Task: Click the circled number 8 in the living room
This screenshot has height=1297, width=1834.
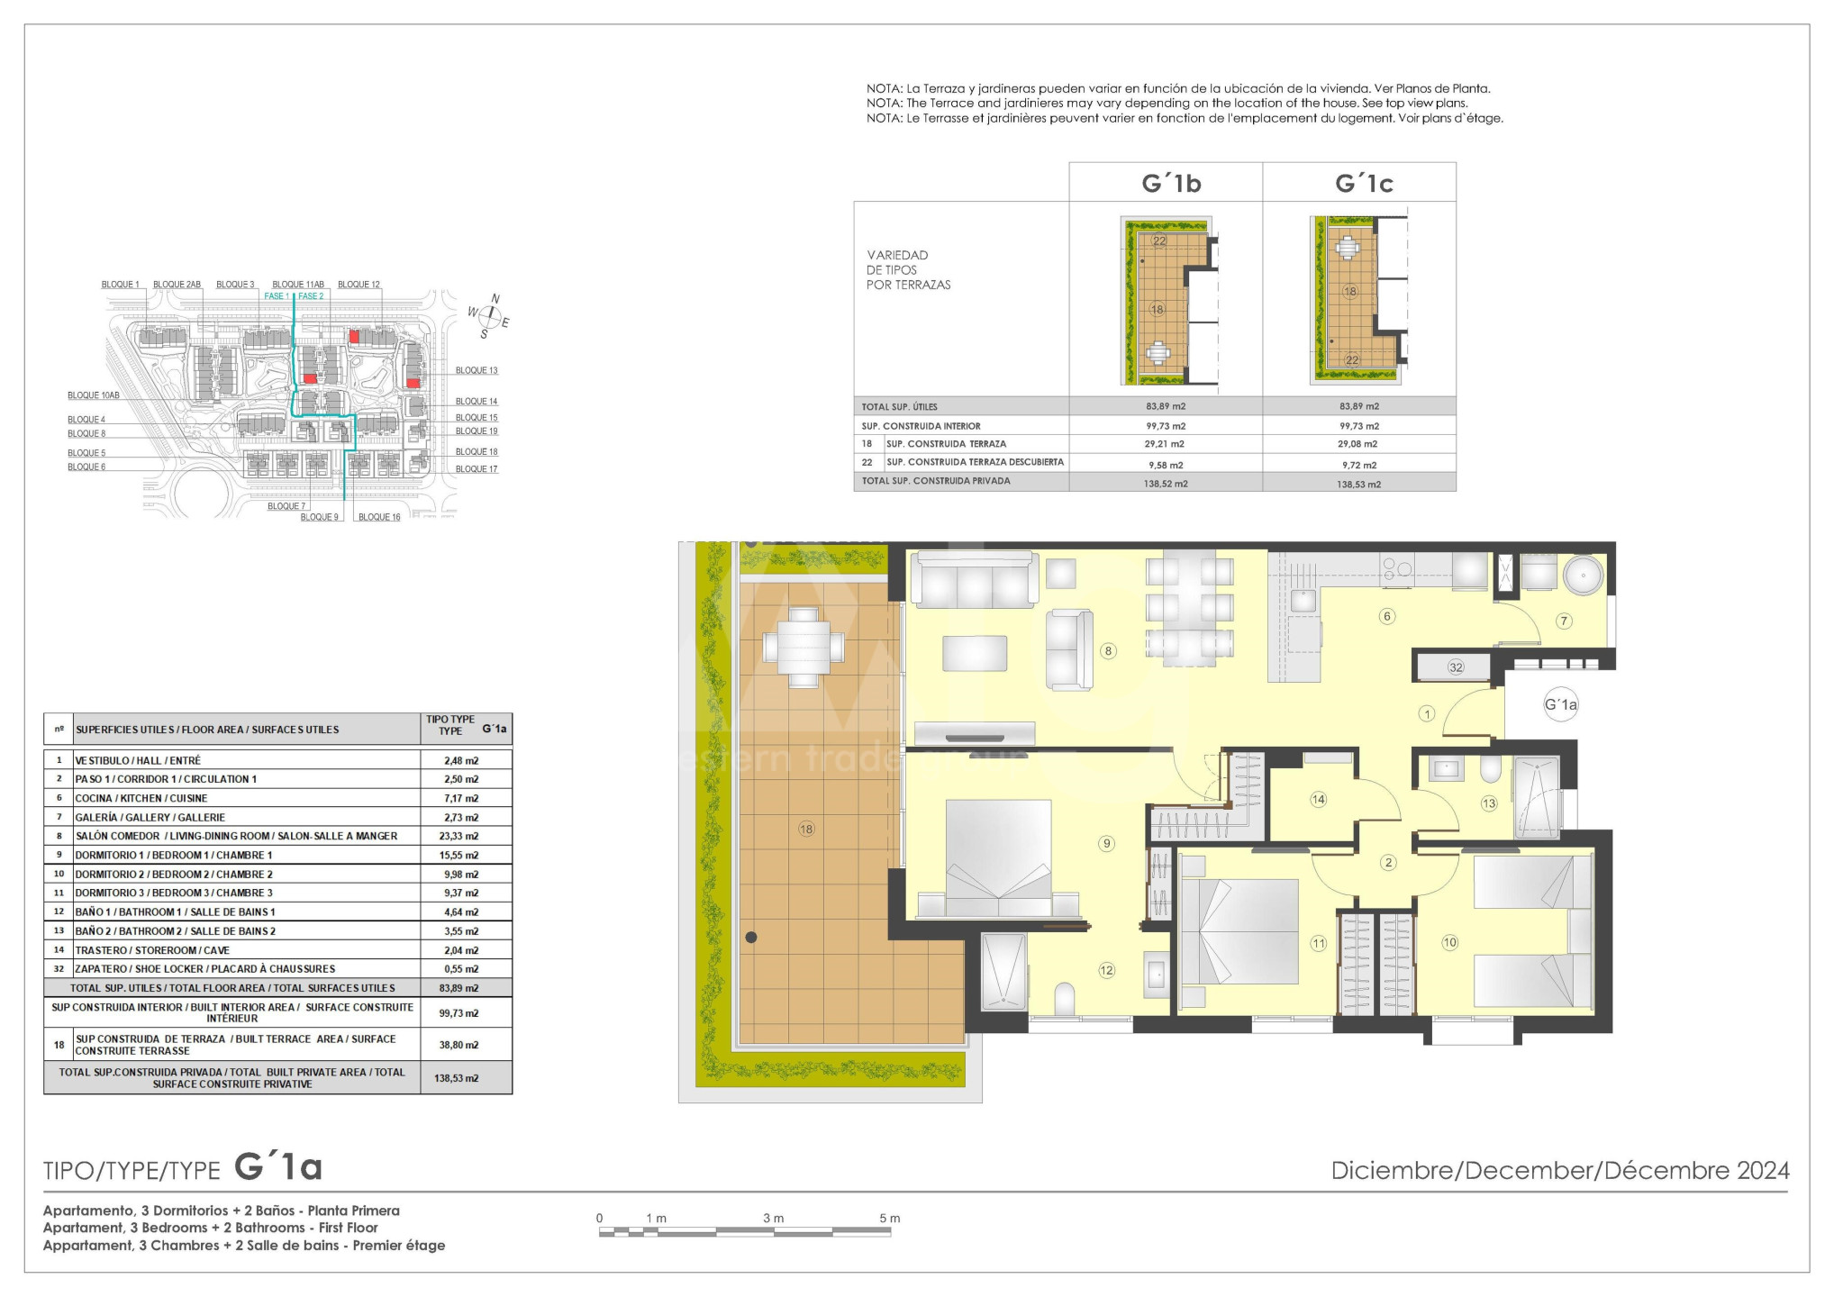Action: point(1109,651)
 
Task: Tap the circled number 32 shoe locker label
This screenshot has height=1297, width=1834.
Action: point(1456,667)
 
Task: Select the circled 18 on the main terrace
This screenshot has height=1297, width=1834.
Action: point(806,829)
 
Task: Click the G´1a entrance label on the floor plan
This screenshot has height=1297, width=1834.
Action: point(1561,704)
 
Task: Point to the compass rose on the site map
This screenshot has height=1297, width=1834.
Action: point(489,315)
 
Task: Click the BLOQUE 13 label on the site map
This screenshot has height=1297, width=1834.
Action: point(477,370)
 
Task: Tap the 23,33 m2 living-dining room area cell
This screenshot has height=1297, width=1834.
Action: point(461,836)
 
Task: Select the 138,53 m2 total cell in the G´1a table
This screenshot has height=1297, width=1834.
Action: point(457,1078)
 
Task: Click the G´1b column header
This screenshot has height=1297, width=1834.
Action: point(1171,184)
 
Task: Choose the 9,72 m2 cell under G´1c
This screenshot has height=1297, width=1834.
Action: point(1359,465)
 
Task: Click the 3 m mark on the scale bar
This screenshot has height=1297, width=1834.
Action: point(773,1218)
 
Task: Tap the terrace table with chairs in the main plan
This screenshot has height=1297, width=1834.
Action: point(804,648)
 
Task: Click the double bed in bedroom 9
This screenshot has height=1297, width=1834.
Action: point(998,860)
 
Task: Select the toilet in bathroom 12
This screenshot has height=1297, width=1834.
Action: point(1065,998)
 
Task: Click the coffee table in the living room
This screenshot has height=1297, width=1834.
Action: point(975,653)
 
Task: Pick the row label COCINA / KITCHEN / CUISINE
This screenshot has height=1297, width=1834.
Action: point(141,798)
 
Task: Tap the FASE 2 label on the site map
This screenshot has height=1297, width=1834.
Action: point(311,296)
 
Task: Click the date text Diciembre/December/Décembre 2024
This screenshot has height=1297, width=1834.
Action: point(1560,1170)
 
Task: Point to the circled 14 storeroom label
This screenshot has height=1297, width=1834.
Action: point(1318,799)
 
